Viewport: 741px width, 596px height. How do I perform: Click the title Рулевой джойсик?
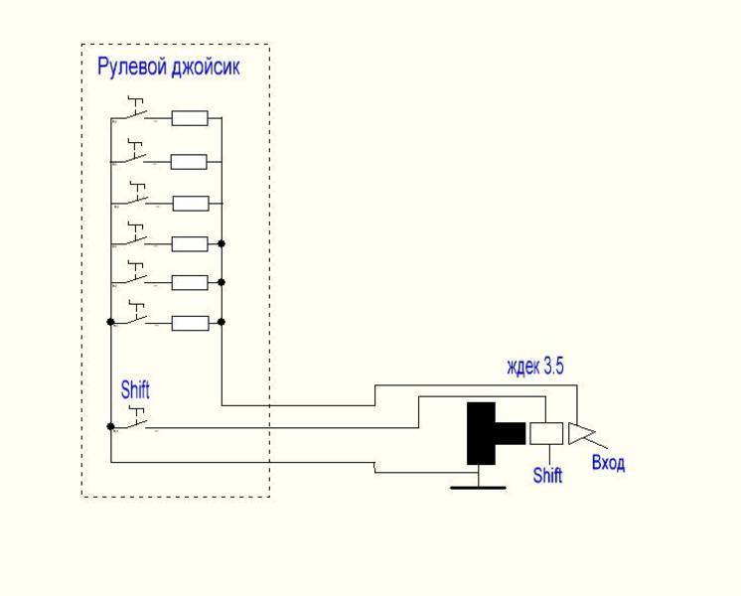pos(168,69)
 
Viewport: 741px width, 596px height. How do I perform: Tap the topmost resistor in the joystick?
pos(190,119)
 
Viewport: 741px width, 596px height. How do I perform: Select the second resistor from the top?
pos(190,162)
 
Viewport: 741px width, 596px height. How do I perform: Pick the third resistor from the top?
pos(190,203)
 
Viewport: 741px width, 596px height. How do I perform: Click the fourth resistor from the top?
pos(190,243)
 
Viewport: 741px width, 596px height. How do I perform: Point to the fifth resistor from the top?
pos(190,282)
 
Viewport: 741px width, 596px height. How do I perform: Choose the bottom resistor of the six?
pos(190,322)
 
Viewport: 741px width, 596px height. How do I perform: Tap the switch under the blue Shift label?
pos(135,421)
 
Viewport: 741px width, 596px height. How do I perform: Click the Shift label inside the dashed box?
pos(135,390)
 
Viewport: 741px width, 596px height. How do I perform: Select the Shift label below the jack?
pos(547,475)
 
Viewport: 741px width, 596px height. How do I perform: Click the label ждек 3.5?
pos(535,368)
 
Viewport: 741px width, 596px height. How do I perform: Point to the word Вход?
pos(608,463)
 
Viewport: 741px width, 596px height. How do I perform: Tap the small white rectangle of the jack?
pos(546,432)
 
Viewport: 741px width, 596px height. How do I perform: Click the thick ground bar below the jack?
pos(478,487)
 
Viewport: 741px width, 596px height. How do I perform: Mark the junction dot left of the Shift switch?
pos(110,426)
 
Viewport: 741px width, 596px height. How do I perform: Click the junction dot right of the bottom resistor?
pos(222,322)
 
